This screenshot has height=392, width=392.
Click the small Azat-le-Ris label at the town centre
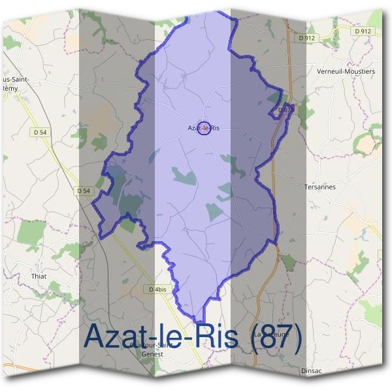(203, 128)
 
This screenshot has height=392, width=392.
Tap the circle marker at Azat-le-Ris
(204, 127)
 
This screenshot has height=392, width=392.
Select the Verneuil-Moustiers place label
(346, 71)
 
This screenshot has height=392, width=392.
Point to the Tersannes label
(319, 186)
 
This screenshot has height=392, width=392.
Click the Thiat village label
(39, 276)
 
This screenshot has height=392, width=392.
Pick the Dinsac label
(312, 370)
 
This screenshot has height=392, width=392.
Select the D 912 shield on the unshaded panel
(363, 31)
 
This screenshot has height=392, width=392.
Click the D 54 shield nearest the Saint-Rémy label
(40, 132)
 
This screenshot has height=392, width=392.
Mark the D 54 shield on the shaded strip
(83, 191)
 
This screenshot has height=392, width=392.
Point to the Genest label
(151, 355)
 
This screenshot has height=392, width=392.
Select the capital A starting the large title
(97, 337)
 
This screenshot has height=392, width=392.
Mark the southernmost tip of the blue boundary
(204, 306)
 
